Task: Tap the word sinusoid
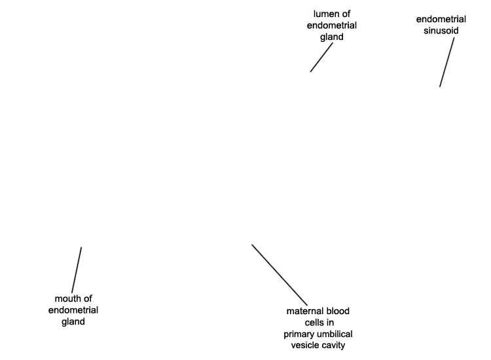[441, 31]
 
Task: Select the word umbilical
[334, 334]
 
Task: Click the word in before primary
[331, 323]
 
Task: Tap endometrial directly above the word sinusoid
[441, 20]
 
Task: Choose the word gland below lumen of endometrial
[332, 37]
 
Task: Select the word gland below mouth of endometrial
[73, 322]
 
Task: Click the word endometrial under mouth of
[73, 310]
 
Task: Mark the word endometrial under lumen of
[332, 26]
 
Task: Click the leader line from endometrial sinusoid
[447, 62]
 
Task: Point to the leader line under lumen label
[321, 58]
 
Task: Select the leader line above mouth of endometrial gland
[77, 270]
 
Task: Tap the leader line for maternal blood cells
[280, 275]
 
